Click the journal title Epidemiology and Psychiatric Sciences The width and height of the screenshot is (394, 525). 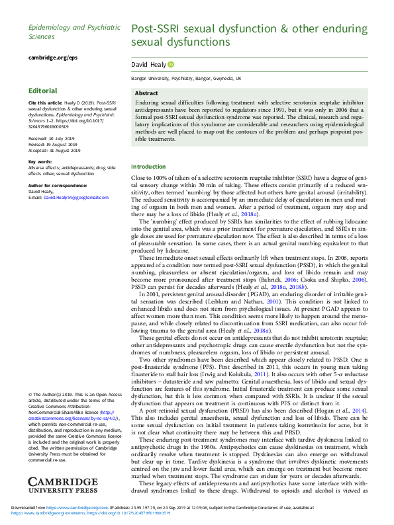pos(74,32)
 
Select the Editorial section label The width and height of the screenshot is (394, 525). pos(43,90)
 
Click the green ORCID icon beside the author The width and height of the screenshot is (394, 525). pos(171,64)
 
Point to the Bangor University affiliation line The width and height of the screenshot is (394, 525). pos(186,78)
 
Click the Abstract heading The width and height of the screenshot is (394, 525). pos(146,94)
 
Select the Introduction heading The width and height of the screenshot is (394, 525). pos(149,167)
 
